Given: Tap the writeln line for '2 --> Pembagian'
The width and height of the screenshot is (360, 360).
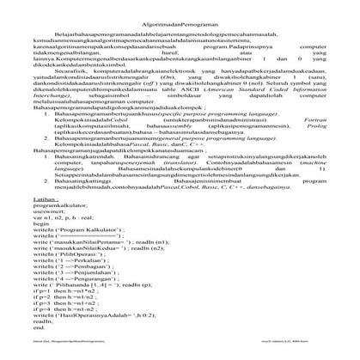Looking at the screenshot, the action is click(x=75, y=269).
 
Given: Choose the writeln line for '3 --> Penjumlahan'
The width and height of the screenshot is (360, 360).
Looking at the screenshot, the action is click(x=78, y=276).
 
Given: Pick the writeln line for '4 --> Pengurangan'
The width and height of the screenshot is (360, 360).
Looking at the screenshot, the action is click(x=78, y=283).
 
